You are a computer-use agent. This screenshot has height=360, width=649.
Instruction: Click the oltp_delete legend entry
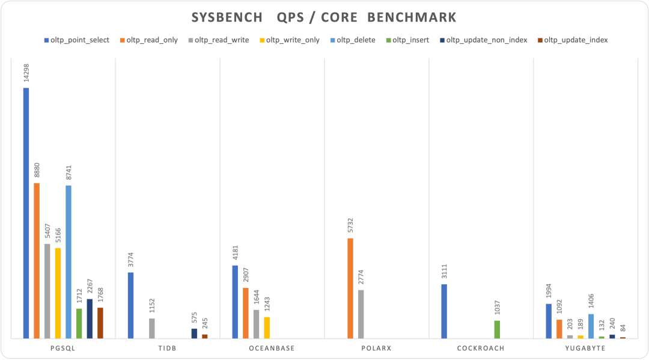click(355, 40)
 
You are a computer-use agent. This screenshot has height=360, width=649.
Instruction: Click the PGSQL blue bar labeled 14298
click(26, 213)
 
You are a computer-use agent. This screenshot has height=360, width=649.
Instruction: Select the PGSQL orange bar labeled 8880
click(37, 261)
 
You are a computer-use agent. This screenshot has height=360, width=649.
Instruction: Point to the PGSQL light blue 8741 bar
click(69, 262)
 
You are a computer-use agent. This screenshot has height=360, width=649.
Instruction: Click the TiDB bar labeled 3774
click(130, 305)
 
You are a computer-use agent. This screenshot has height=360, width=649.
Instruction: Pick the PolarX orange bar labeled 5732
click(350, 288)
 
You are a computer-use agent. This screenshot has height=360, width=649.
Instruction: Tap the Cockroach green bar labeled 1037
click(497, 329)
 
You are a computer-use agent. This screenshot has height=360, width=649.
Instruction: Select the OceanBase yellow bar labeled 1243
click(267, 328)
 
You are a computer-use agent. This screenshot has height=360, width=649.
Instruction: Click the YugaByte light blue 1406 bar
click(591, 326)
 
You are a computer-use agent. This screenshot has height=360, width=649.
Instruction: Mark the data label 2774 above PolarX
click(361, 278)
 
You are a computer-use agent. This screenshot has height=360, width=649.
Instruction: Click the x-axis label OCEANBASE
click(272, 348)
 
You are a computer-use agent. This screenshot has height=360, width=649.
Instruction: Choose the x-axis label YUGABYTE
click(585, 348)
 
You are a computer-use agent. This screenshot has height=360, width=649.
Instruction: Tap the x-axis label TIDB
click(167, 348)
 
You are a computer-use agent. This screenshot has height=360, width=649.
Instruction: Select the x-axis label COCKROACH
click(481, 348)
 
